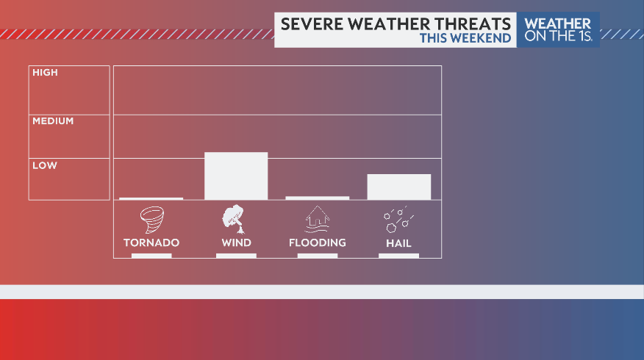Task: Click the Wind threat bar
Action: [x=236, y=176]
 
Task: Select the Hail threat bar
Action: [x=398, y=187]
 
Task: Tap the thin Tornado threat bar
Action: [x=151, y=198]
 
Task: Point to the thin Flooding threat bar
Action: [x=317, y=198]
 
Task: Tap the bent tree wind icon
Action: [x=235, y=219]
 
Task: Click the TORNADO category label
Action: [x=151, y=242]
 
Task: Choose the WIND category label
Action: [x=236, y=242]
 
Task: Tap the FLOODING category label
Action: [x=317, y=242]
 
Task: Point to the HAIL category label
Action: [x=398, y=243]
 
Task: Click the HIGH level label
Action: [x=45, y=73]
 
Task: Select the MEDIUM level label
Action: [x=53, y=120]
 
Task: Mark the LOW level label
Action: [x=44, y=166]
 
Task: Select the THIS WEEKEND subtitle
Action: [x=465, y=38]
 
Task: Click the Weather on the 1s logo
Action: [x=557, y=30]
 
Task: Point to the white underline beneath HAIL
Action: [x=398, y=256]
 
